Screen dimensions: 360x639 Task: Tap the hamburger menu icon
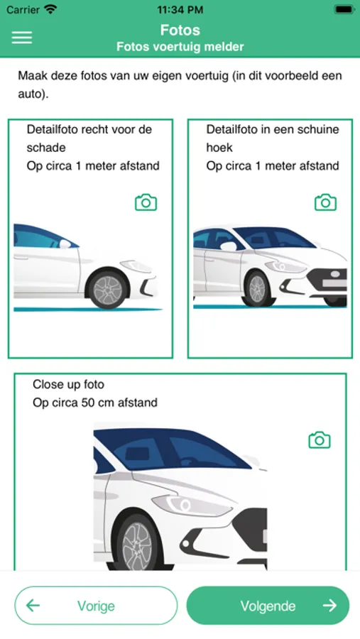(x=21, y=38)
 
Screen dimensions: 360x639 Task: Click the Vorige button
(x=96, y=606)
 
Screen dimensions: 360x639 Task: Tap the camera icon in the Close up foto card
(x=320, y=440)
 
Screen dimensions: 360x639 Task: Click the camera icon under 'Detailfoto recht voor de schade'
(x=146, y=202)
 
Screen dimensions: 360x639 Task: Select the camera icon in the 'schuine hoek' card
(x=325, y=202)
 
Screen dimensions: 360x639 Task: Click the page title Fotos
(x=180, y=30)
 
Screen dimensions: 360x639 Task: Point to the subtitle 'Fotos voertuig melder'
(x=180, y=46)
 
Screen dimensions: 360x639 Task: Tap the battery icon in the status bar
(x=344, y=9)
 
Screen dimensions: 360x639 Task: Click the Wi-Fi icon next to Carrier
(x=50, y=9)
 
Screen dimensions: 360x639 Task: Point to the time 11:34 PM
(x=180, y=10)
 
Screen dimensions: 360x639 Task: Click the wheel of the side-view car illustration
(x=107, y=289)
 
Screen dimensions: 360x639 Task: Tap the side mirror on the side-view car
(x=65, y=244)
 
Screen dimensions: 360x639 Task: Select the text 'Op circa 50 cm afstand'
(x=95, y=403)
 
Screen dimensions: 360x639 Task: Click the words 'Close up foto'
(x=68, y=384)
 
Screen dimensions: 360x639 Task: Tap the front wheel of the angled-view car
(x=256, y=289)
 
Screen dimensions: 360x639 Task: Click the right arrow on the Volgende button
(x=329, y=606)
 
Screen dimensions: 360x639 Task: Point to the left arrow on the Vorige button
(x=33, y=606)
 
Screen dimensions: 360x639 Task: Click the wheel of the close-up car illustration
(x=137, y=544)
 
